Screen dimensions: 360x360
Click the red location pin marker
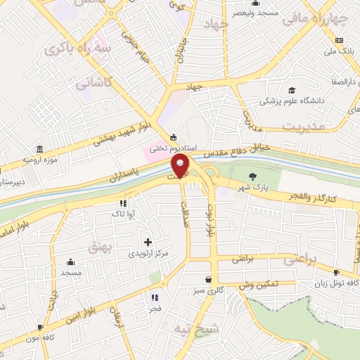(181, 165)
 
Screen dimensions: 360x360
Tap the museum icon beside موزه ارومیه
(39, 150)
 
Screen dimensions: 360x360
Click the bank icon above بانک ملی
(340, 40)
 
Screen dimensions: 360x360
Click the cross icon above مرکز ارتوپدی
(148, 242)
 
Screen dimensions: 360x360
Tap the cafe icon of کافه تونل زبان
(336, 272)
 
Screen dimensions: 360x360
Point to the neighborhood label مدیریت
(304, 125)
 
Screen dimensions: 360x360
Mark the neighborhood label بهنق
(98, 247)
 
